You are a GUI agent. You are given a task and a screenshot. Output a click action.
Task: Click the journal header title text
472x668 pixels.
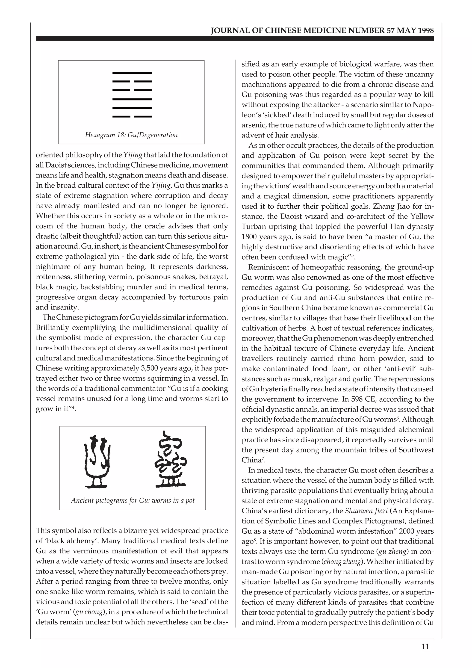coord(322,31)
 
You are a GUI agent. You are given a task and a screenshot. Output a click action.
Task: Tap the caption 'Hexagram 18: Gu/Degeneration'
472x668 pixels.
coord(131,135)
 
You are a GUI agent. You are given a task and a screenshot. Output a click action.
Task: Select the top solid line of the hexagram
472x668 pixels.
coord(132,72)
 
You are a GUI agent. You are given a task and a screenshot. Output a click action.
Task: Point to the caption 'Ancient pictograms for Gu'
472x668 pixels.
coord(133,500)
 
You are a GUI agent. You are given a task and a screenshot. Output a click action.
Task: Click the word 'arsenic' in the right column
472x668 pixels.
coord(252,125)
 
